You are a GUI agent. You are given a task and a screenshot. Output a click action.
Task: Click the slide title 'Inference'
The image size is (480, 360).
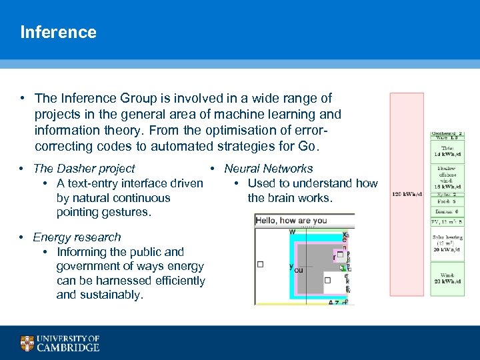tap(58, 32)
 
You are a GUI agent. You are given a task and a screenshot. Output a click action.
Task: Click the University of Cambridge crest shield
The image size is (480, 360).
tap(27, 343)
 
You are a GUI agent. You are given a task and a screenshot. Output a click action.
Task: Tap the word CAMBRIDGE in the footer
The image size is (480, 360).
tap(68, 347)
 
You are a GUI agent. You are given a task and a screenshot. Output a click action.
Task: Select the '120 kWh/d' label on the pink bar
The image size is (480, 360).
tap(406, 194)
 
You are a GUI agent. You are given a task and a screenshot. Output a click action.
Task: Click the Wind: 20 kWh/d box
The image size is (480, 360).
tap(447, 279)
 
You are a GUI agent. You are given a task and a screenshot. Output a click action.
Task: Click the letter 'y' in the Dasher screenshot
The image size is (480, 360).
tap(291, 266)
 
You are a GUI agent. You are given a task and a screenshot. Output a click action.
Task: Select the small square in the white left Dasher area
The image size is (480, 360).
tap(260, 264)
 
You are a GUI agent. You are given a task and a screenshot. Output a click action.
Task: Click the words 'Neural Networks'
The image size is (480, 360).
tap(268, 169)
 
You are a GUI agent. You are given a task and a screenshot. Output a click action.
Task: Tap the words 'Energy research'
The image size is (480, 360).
tap(77, 237)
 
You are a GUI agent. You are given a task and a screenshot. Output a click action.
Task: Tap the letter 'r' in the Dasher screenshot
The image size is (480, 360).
tap(334, 257)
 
